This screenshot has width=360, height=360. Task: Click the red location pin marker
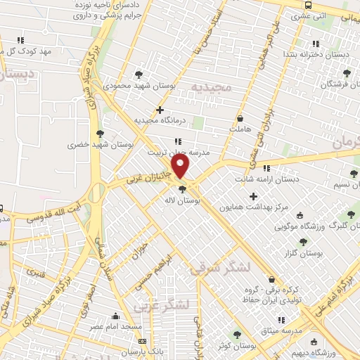point(181,166)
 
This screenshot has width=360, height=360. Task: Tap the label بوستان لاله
point(200,200)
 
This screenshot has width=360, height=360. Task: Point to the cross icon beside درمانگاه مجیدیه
point(160,109)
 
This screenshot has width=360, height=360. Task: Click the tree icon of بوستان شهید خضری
point(101,133)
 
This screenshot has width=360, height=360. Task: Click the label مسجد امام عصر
point(115,327)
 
